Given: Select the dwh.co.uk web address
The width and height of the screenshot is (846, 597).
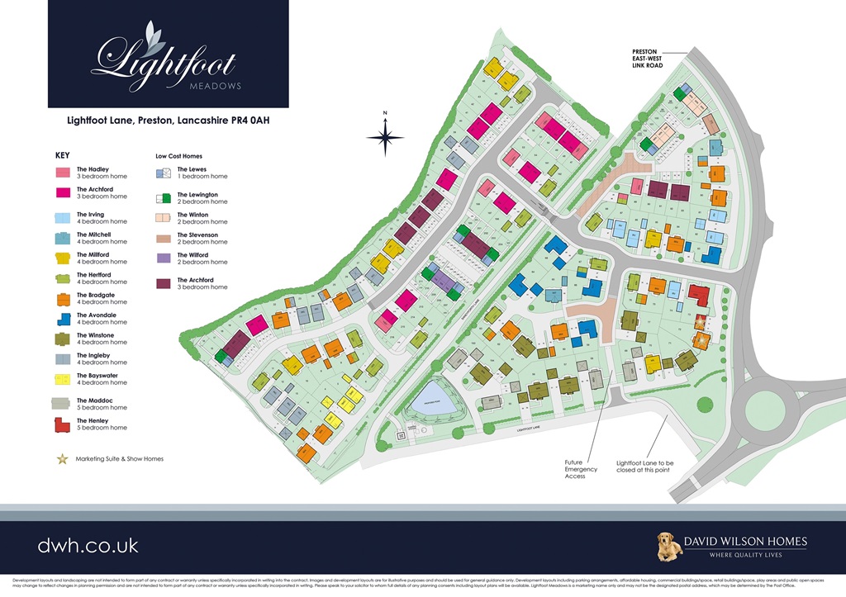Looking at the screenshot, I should click(x=88, y=545).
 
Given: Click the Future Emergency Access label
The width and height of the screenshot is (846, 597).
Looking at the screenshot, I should click(x=580, y=469).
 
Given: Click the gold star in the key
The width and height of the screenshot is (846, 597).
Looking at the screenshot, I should click(x=63, y=458).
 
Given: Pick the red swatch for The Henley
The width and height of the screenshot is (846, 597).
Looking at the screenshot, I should click(x=63, y=424).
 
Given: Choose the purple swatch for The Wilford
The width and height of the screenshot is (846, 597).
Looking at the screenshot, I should click(x=163, y=258).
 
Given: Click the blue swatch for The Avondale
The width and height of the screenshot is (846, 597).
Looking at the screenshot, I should click(x=63, y=319).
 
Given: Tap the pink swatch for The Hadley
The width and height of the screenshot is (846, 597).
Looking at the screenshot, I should click(x=63, y=173).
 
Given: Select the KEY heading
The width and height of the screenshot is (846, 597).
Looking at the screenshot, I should click(x=63, y=154).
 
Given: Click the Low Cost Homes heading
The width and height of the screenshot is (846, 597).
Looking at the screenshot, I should click(x=178, y=155).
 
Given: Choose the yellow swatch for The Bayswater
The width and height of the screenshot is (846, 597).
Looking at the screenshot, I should click(x=63, y=379).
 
